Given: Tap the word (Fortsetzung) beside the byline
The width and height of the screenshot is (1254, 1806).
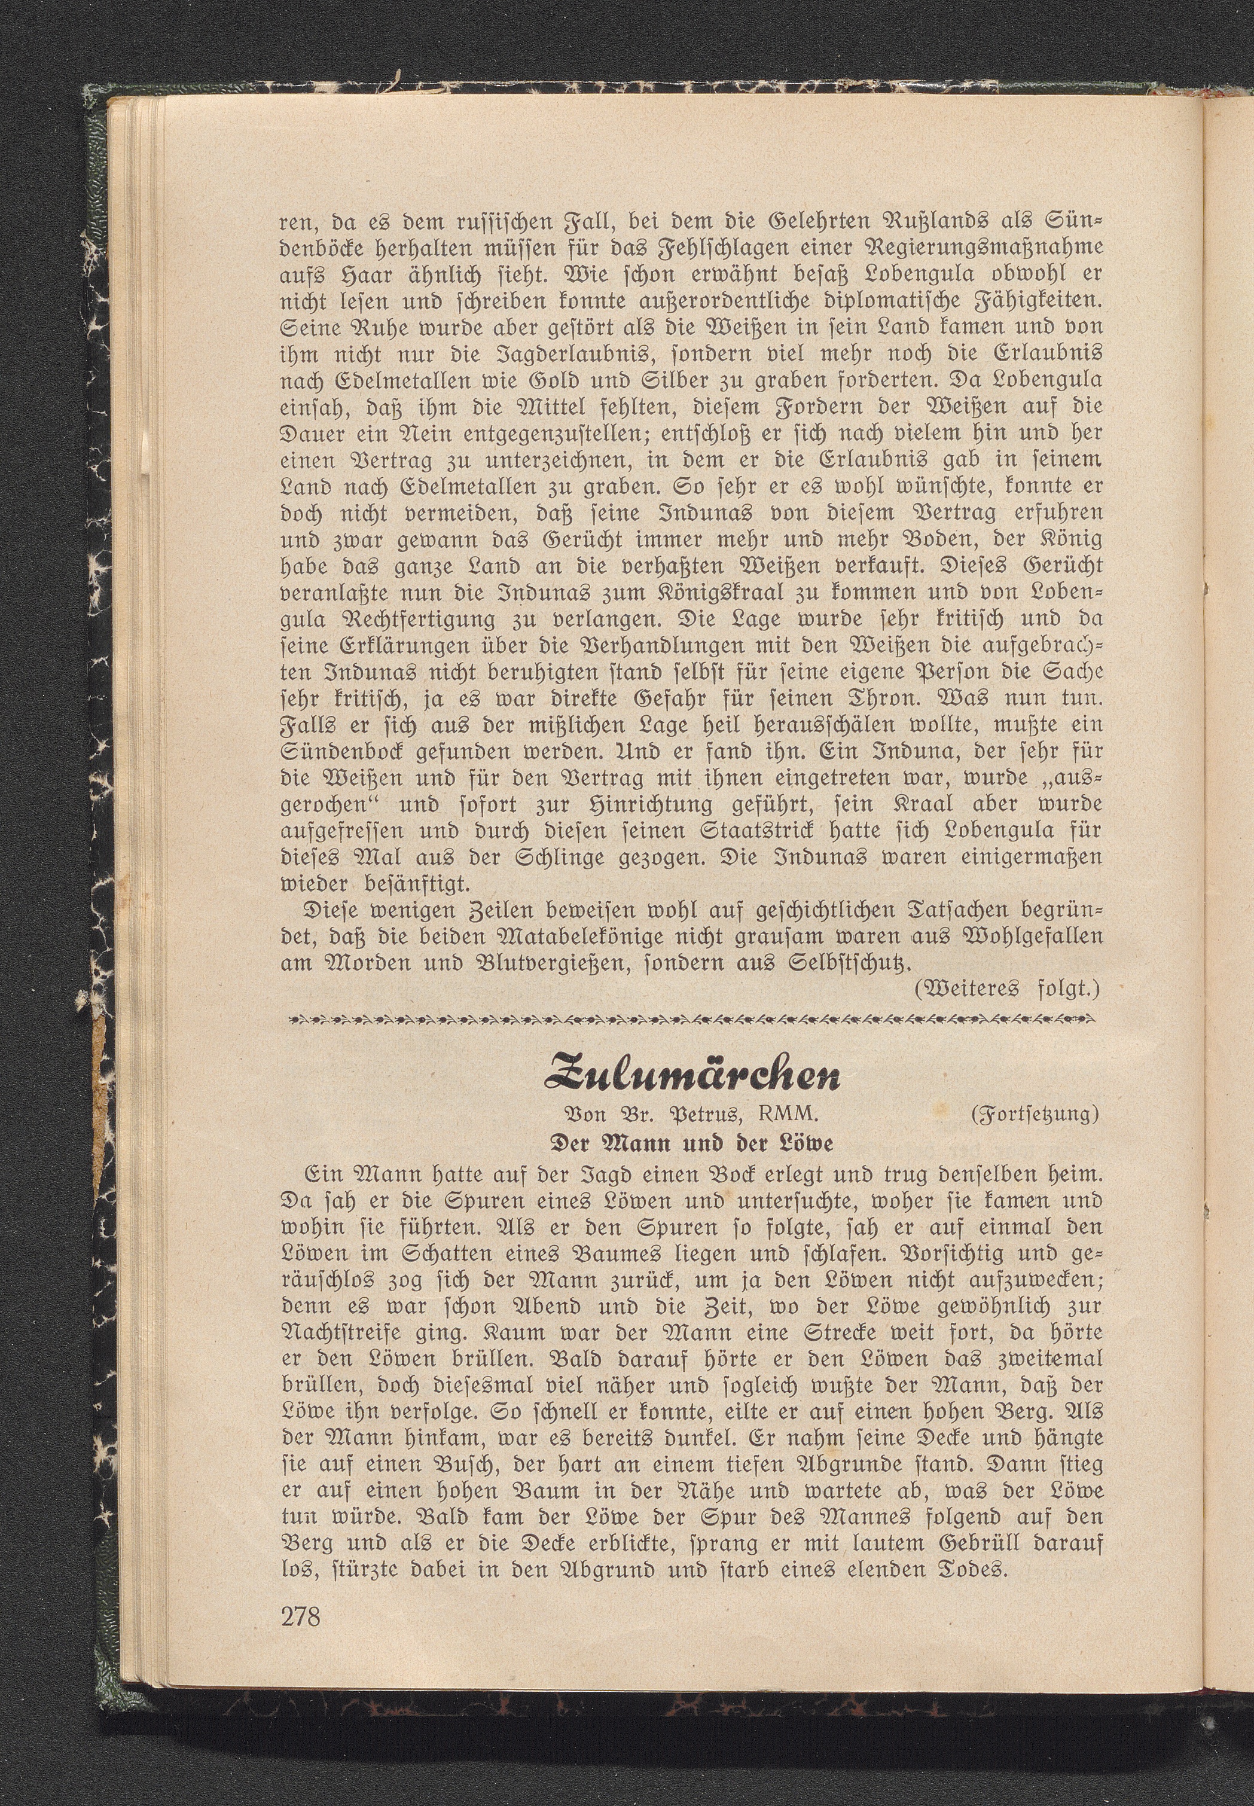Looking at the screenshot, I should pyautogui.click(x=1035, y=1115).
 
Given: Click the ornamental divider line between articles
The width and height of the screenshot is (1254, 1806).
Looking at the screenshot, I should pyautogui.click(x=691, y=1020).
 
